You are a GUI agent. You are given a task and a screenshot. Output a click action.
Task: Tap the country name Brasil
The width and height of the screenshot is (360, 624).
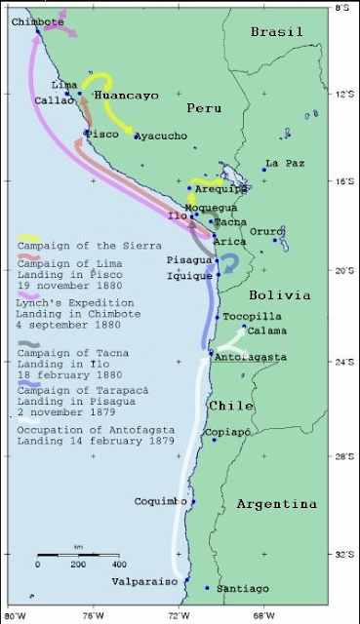[277, 32]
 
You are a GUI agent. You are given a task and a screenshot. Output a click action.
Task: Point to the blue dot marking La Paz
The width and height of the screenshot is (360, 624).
[263, 170]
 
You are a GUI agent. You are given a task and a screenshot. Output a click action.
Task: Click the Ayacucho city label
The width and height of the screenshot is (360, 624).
[161, 136]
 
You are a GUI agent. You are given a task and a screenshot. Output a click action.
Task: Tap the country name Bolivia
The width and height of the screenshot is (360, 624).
[279, 293]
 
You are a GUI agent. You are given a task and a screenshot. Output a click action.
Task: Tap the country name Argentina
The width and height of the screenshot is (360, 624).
[276, 504]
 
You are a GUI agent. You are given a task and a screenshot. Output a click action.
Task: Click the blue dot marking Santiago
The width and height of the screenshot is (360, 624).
[207, 588]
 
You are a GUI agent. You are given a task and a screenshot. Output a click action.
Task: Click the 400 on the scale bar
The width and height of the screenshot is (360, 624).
[116, 565]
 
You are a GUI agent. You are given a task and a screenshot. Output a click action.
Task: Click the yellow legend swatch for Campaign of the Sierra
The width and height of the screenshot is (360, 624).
[28, 238]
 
